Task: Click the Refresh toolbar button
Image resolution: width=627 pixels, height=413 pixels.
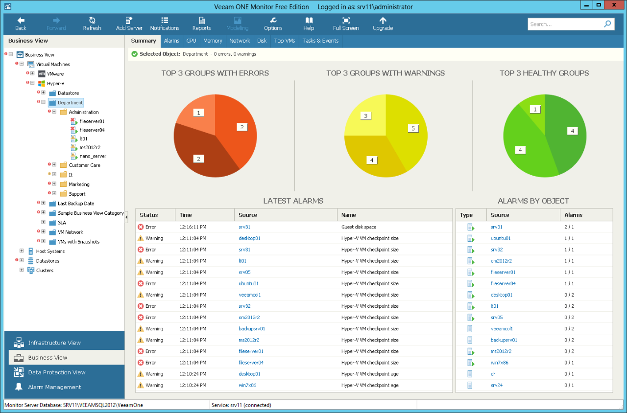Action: click(92, 23)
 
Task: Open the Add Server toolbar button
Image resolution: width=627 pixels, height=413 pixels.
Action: click(129, 23)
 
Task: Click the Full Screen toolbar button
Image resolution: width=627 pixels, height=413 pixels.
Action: click(346, 23)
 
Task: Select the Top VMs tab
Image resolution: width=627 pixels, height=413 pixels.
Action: click(285, 41)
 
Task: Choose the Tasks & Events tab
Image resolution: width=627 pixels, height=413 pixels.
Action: click(320, 41)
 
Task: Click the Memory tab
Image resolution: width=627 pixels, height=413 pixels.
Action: click(213, 41)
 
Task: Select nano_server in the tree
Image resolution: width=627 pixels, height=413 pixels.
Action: click(93, 156)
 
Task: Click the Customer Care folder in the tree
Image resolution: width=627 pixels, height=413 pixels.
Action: click(84, 165)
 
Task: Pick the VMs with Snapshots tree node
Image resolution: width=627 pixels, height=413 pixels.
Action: click(78, 242)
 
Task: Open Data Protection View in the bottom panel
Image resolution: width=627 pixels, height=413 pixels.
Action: click(57, 372)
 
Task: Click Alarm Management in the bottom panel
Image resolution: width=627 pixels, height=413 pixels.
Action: click(54, 387)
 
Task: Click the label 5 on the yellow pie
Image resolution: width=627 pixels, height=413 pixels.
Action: click(413, 128)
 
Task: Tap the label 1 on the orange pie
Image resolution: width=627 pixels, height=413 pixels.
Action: click(198, 113)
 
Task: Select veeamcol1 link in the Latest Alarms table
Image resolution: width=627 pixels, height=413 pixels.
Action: click(249, 295)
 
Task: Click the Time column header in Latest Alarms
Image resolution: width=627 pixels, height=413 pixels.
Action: click(186, 215)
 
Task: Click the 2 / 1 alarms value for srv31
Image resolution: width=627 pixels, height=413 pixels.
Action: click(569, 227)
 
